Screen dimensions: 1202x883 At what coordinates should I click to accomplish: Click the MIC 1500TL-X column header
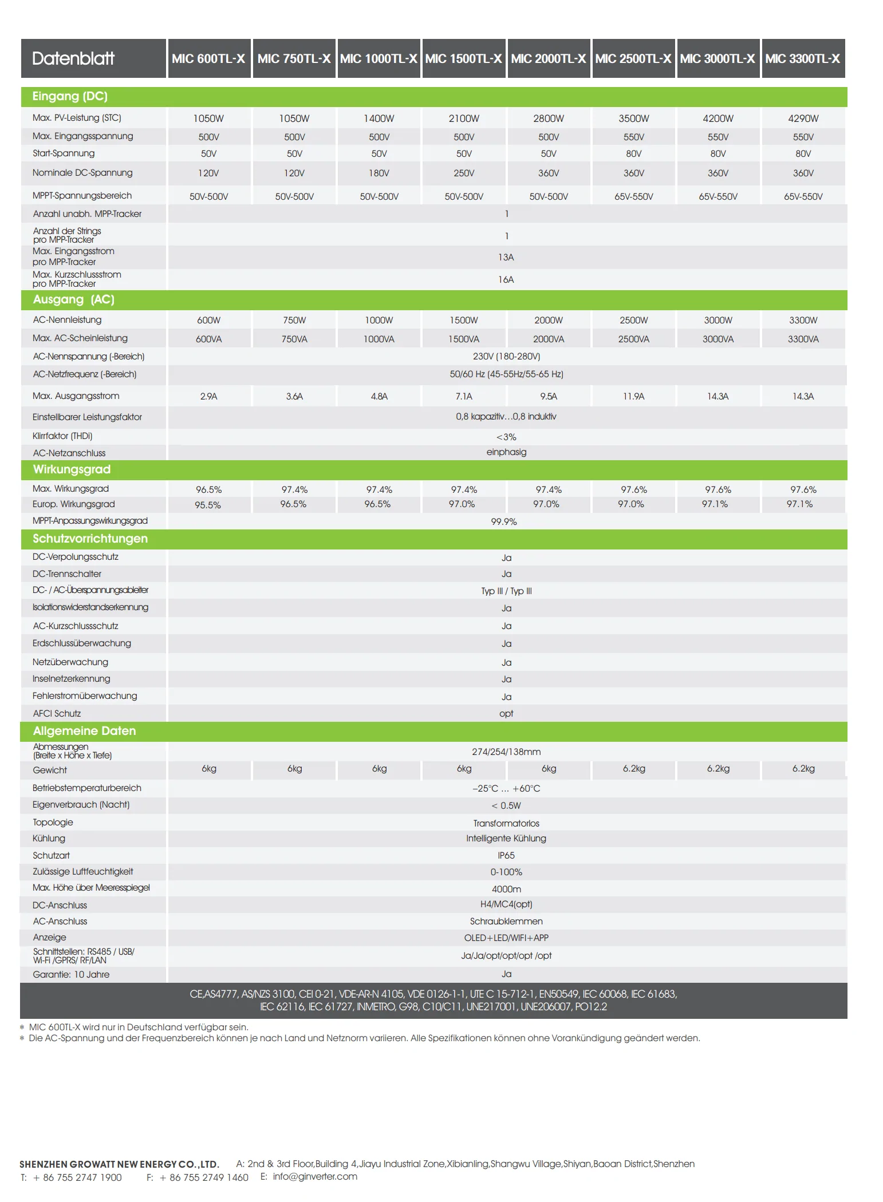coord(463,58)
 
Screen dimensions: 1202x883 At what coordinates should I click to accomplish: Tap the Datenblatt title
coord(73,58)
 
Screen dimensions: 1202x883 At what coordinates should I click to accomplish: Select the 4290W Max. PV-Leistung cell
coord(803,118)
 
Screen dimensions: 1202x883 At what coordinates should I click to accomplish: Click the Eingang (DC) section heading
coord(70,96)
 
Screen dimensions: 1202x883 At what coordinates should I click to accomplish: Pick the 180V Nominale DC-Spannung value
coord(379,173)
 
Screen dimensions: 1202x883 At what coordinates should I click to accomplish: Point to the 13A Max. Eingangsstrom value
coord(506,258)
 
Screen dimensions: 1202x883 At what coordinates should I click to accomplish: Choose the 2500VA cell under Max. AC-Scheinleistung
coord(633,339)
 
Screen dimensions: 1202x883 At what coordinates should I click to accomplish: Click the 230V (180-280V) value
coord(506,356)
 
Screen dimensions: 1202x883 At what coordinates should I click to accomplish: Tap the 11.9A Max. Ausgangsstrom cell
coord(633,396)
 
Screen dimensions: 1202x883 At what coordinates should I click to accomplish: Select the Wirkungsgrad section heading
coord(72,469)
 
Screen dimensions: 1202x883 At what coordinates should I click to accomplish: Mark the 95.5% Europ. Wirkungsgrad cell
coord(207,505)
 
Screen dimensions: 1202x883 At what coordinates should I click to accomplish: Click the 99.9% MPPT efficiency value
coord(504,521)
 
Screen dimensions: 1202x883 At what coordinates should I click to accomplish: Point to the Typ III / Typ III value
coord(506,591)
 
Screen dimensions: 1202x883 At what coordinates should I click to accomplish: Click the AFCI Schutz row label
coord(57,713)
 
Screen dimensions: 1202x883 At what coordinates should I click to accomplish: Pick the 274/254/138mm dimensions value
coord(506,752)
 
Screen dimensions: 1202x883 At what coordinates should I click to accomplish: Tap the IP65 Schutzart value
coord(506,855)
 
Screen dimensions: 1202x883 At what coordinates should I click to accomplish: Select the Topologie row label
coord(53,822)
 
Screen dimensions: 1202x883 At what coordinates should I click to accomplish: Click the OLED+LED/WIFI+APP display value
coord(506,938)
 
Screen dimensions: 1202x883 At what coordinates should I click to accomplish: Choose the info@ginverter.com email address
coord(315,1176)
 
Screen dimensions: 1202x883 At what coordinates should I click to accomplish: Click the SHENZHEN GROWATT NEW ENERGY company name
coord(119,1164)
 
